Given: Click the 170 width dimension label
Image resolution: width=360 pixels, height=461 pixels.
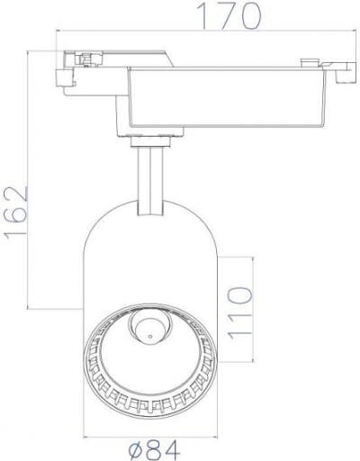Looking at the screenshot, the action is (x=229, y=15).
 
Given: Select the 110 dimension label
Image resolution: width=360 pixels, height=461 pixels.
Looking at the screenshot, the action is (x=239, y=312).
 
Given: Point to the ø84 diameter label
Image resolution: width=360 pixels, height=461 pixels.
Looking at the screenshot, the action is (x=154, y=449).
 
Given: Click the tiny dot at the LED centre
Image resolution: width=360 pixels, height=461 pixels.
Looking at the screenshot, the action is (x=150, y=336).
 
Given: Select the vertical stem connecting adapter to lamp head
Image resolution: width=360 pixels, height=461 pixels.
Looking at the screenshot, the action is (x=150, y=181).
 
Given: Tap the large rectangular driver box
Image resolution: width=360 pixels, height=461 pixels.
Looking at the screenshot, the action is (x=227, y=97).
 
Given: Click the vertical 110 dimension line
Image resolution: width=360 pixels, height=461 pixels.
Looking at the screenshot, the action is (x=254, y=310).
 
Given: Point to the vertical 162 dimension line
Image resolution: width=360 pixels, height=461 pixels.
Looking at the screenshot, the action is (x=28, y=180).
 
